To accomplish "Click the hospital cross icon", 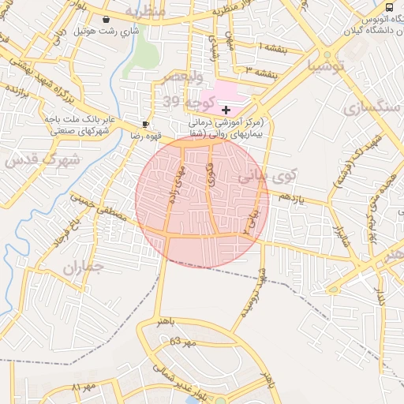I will coord(226,109).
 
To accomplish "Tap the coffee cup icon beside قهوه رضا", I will coord(145,124).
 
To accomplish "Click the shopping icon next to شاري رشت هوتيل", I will coord(107,19).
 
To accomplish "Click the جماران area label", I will coord(83,267).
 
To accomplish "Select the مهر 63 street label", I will coord(181,342).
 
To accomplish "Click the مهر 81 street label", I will coord(82,389).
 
